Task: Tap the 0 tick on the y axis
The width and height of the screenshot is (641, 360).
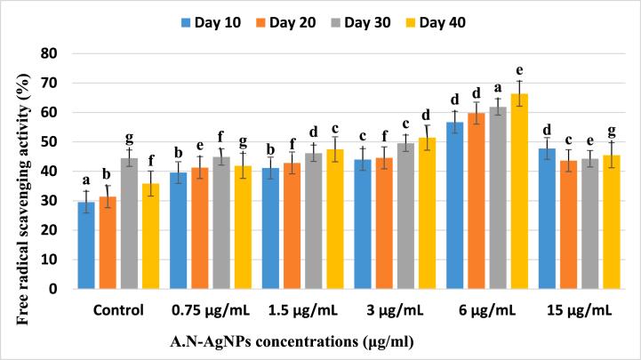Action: pyautogui.click(x=60, y=289)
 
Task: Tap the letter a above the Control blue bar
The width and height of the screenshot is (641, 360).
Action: pyautogui.click(x=86, y=180)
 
